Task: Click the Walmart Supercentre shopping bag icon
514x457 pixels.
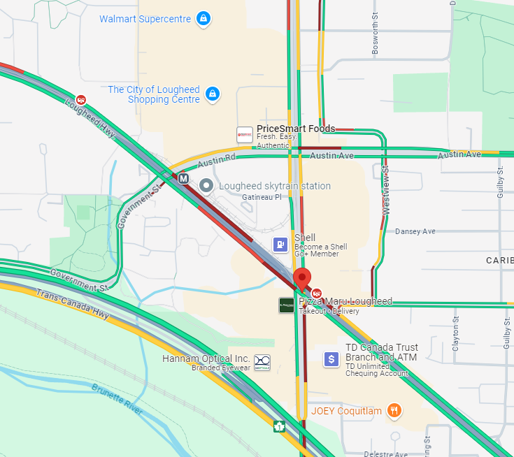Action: click(203, 19)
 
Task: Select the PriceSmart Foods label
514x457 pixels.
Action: click(295, 129)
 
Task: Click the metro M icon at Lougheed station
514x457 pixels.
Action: click(183, 179)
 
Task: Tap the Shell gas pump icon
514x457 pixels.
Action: click(280, 245)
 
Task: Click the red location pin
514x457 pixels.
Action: click(302, 278)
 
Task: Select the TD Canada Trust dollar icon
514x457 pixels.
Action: click(331, 359)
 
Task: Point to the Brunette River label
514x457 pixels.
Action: click(117, 399)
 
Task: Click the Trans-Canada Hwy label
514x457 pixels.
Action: click(73, 305)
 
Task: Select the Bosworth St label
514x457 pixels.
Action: click(375, 38)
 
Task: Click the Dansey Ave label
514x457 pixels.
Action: click(415, 231)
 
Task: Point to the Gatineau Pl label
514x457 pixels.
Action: click(261, 198)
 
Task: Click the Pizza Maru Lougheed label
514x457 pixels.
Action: click(345, 301)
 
